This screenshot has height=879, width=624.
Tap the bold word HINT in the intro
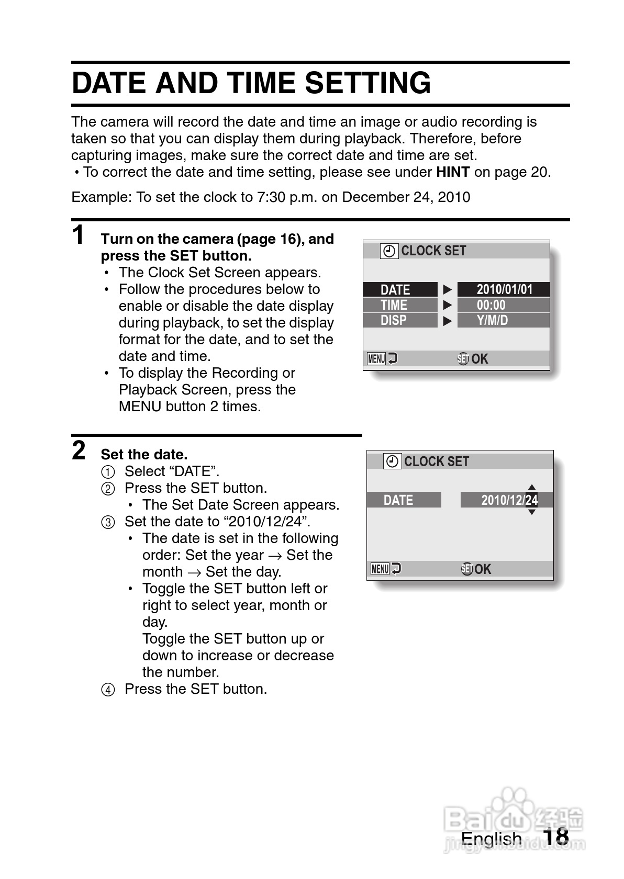pyautogui.click(x=453, y=172)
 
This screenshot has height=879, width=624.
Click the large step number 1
pyautogui.click(x=79, y=235)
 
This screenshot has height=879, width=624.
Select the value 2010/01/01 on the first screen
pyautogui.click(x=504, y=289)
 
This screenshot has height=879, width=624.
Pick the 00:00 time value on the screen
pyautogui.click(x=491, y=305)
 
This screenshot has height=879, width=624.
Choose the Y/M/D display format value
pyautogui.click(x=492, y=320)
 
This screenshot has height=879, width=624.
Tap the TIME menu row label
pyautogui.click(x=394, y=305)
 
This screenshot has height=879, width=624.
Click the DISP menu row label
pyautogui.click(x=394, y=320)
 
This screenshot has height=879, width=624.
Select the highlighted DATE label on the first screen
pyautogui.click(x=395, y=289)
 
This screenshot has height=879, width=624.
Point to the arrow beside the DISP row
pyautogui.click(x=447, y=320)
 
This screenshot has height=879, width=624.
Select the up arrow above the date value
pyautogui.click(x=531, y=487)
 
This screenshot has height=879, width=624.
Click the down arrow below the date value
pyautogui.click(x=531, y=512)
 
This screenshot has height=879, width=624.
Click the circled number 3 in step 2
pyautogui.click(x=107, y=522)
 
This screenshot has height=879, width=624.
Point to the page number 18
pyautogui.click(x=555, y=837)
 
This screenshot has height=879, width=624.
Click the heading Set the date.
pyautogui.click(x=144, y=454)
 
